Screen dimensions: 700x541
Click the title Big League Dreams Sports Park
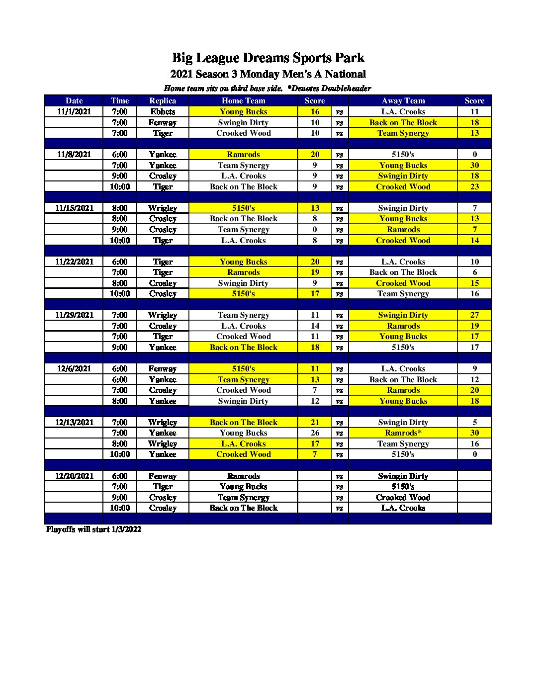point(268,58)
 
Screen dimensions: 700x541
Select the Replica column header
point(163,100)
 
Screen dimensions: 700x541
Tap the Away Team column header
point(403,100)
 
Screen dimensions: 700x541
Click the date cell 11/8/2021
point(74,155)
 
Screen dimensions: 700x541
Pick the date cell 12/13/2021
point(74,423)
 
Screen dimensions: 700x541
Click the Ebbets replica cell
point(163,112)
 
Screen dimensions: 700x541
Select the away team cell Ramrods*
point(403,433)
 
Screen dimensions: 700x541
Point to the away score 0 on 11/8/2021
point(474,155)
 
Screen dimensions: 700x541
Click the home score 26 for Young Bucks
point(315,433)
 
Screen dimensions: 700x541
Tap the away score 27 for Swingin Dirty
point(474,315)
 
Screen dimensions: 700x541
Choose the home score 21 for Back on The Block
point(315,423)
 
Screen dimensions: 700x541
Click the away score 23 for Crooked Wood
point(474,187)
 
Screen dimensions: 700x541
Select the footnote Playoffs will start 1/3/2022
point(93,529)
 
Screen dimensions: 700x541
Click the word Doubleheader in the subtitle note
point(346,88)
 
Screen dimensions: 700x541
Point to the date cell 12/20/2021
point(74,476)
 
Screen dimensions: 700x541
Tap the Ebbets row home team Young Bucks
point(243,112)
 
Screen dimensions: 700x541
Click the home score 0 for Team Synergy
point(315,230)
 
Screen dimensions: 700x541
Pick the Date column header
point(74,100)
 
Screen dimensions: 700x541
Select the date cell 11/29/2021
point(74,315)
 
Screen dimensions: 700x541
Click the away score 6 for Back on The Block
point(474,272)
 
